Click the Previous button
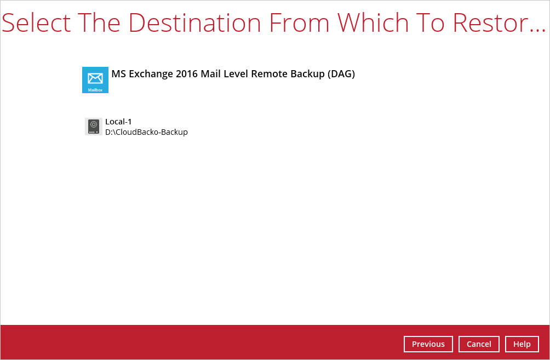(x=428, y=344)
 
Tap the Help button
(x=522, y=344)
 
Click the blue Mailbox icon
(x=95, y=80)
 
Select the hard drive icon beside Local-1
(x=93, y=127)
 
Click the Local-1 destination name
(x=118, y=122)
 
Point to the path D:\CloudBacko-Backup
(x=146, y=132)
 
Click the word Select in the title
(x=37, y=22)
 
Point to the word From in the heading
(x=299, y=22)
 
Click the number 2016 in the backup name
(x=187, y=74)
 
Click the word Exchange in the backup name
(x=151, y=74)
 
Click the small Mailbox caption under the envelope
(x=95, y=90)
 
